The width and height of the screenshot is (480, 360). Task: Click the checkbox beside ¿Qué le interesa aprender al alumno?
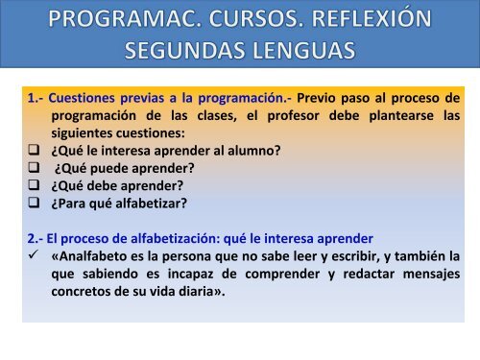pos(34,150)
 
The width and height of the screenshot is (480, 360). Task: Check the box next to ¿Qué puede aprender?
pos(34,167)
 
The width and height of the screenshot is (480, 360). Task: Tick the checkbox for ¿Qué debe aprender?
pos(34,185)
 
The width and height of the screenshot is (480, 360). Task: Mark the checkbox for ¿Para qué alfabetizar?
pos(34,203)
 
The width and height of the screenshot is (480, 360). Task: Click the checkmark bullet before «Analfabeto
pos(34,254)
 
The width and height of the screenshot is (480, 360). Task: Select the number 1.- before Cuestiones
pos(36,98)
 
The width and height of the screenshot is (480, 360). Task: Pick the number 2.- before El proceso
pos(36,239)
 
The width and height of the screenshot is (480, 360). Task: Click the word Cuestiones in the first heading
pos(82,98)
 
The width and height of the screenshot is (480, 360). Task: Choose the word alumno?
pos(254,151)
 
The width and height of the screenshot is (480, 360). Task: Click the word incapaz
pos(190,275)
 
